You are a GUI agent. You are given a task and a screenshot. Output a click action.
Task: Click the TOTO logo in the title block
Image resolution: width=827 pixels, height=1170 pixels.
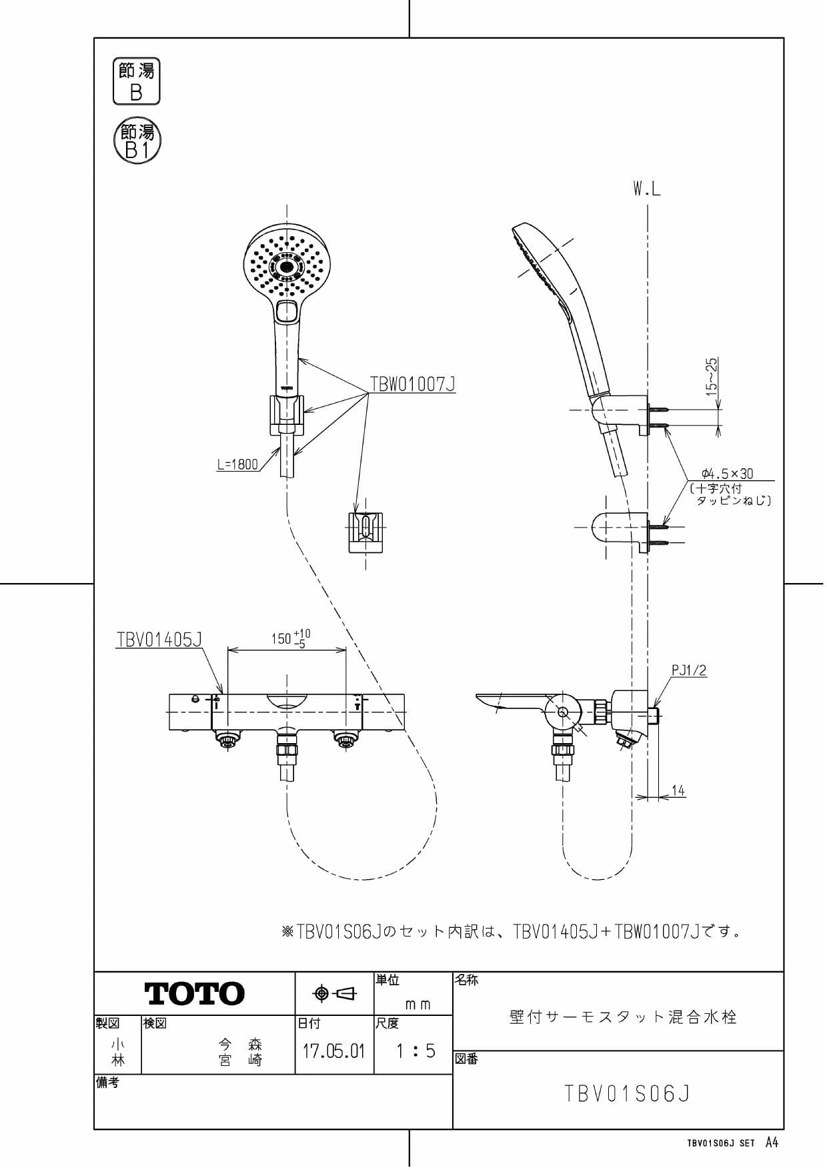pyautogui.click(x=195, y=993)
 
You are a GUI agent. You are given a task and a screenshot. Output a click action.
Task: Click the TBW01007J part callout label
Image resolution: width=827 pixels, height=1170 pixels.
pyautogui.click(x=413, y=384)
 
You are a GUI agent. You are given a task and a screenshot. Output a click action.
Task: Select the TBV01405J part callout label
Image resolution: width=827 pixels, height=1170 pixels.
pyautogui.click(x=159, y=640)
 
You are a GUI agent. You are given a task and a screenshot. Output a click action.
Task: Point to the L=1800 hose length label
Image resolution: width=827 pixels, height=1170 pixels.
pyautogui.click(x=237, y=464)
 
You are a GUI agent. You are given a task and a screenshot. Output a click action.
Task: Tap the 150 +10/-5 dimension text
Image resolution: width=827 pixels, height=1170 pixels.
pyautogui.click(x=290, y=638)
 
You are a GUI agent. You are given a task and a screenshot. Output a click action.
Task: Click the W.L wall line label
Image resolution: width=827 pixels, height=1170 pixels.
pyautogui.click(x=647, y=189)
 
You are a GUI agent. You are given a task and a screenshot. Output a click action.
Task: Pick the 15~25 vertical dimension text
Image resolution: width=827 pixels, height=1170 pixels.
pyautogui.click(x=712, y=378)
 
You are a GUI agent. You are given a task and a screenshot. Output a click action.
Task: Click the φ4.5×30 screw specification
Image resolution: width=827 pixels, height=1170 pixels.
pyautogui.click(x=727, y=474)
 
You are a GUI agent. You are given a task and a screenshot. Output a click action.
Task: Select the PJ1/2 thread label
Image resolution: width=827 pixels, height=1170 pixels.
pyautogui.click(x=689, y=670)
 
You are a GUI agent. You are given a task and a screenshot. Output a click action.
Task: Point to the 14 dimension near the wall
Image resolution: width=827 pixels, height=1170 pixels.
pyautogui.click(x=678, y=790)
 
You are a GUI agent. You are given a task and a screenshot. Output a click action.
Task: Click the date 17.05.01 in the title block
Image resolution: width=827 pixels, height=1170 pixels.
pyautogui.click(x=333, y=1052)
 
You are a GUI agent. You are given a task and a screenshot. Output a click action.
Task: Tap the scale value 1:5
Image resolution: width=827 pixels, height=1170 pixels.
pyautogui.click(x=415, y=1052)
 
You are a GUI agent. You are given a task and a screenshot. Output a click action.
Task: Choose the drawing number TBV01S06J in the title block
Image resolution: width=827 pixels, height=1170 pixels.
pyautogui.click(x=627, y=1093)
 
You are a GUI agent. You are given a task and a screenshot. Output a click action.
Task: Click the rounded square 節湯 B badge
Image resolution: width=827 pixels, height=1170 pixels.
pyautogui.click(x=136, y=81)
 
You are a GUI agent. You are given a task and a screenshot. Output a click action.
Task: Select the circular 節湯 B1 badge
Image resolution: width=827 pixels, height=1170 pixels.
pyautogui.click(x=137, y=141)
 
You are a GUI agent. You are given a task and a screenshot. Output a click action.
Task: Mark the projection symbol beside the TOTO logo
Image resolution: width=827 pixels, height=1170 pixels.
pyautogui.click(x=335, y=994)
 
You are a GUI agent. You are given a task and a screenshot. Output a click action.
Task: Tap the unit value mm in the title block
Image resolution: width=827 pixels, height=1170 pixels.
pyautogui.click(x=418, y=1005)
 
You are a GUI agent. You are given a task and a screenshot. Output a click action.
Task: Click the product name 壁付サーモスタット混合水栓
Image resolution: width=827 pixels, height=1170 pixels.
pyautogui.click(x=623, y=1017)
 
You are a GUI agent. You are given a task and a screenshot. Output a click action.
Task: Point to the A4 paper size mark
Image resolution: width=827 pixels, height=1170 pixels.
pyautogui.click(x=772, y=1143)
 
